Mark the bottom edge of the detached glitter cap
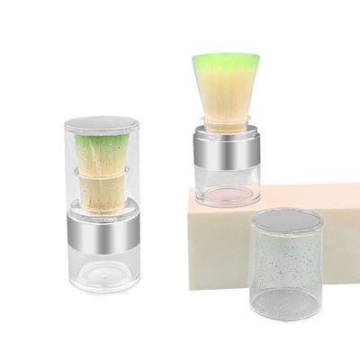286,314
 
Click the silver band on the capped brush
103,233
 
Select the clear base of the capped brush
103,270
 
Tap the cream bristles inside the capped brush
101,189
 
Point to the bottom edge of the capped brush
103,290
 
